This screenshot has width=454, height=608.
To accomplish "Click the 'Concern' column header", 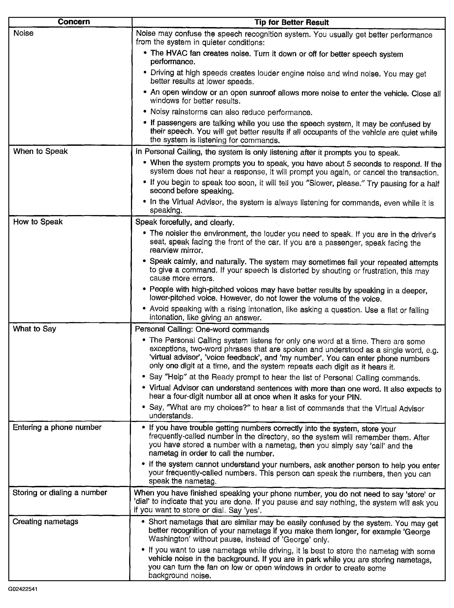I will pyautogui.click(x=73, y=22).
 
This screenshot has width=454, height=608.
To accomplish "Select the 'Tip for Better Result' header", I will pyautogui.click(x=291, y=22).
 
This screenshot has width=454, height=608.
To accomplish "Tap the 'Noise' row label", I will pyautogui.click(x=23, y=33).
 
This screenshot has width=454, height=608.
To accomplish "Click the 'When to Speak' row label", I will pyautogui.click(x=40, y=151).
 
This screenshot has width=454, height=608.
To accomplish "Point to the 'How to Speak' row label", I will pyautogui.click(x=38, y=222).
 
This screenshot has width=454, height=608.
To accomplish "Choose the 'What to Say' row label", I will pyautogui.click(x=34, y=329).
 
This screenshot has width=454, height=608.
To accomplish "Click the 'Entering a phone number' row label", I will pyautogui.click(x=57, y=427).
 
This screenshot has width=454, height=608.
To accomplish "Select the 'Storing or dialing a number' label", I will pyautogui.click(x=60, y=492).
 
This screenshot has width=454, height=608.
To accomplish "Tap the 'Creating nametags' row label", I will pyautogui.click(x=45, y=521).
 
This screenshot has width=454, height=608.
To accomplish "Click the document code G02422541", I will pyautogui.click(x=23, y=589).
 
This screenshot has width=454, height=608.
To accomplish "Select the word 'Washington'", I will pyautogui.click(x=169, y=540).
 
